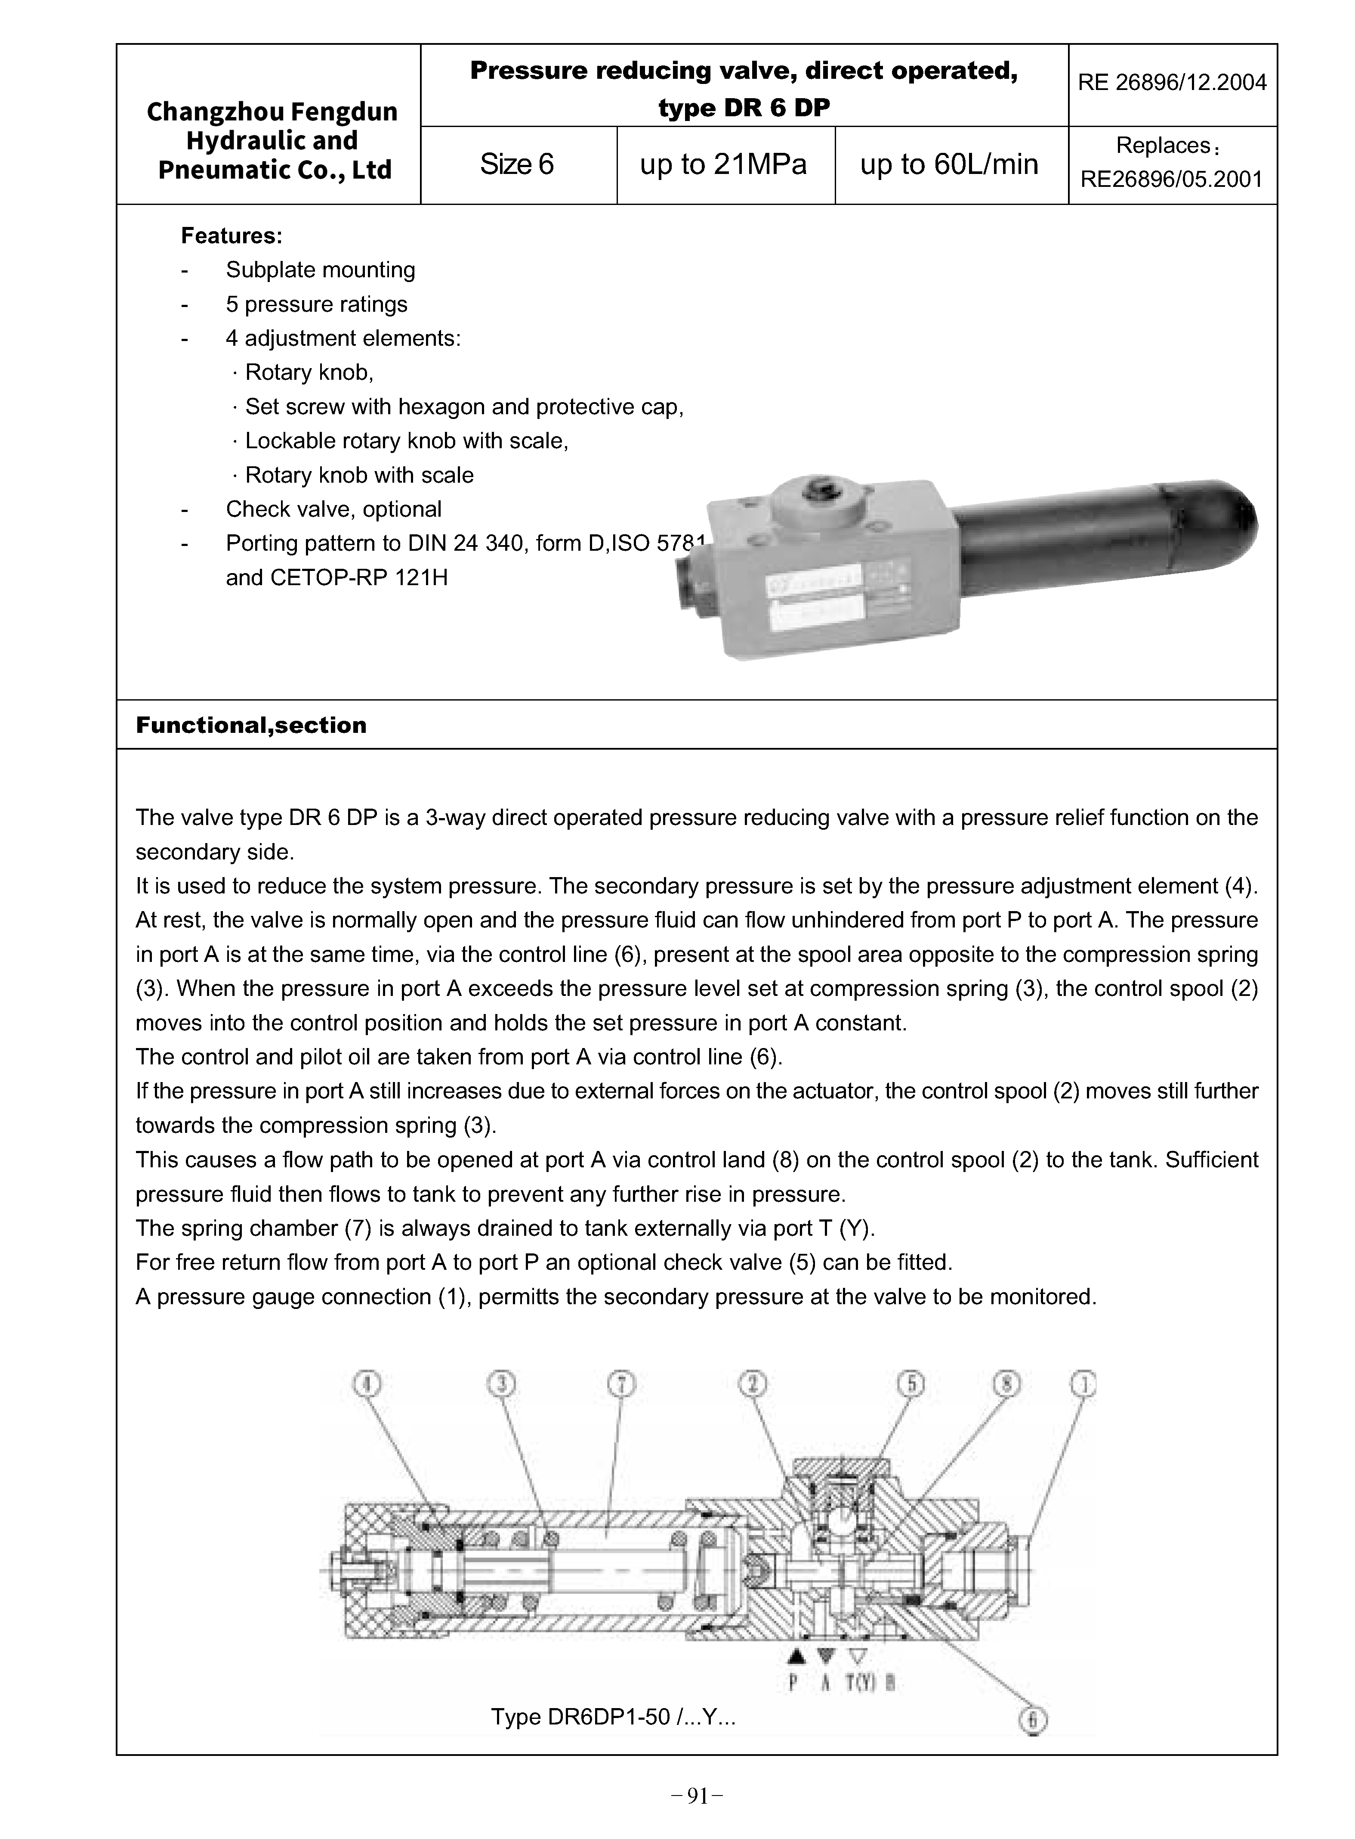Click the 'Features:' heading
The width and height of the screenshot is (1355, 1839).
pos(232,236)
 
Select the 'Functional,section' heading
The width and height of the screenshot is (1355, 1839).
pos(251,726)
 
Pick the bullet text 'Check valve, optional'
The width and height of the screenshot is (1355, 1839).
pos(333,510)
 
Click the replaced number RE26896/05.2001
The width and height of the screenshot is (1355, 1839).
pos(1171,180)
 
